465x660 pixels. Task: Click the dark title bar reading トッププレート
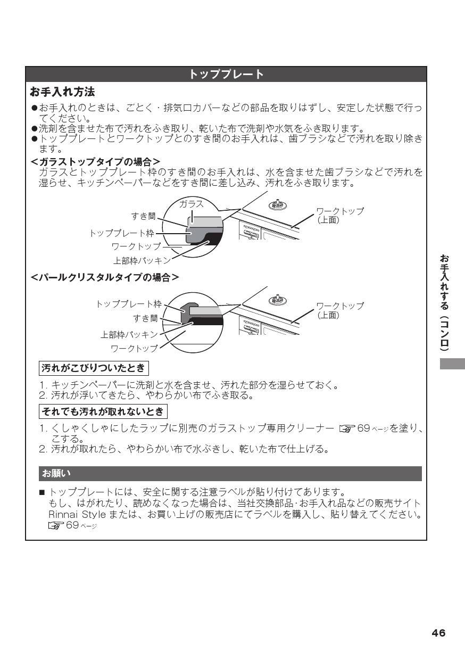pyautogui.click(x=226, y=75)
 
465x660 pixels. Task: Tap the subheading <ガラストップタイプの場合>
pyautogui.click(x=96, y=161)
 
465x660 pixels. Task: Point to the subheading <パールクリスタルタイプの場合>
pyautogui.click(x=104, y=277)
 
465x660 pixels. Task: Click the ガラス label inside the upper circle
pyautogui.click(x=190, y=204)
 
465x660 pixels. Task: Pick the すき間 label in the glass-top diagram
pyautogui.click(x=144, y=216)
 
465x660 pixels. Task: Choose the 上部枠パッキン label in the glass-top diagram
pyautogui.click(x=142, y=260)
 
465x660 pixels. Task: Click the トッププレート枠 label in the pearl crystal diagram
pyautogui.click(x=128, y=304)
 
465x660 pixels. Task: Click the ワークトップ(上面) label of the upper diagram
pyautogui.click(x=340, y=215)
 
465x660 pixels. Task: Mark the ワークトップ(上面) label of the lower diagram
pyautogui.click(x=340, y=310)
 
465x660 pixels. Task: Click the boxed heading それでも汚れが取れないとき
pyautogui.click(x=104, y=411)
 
